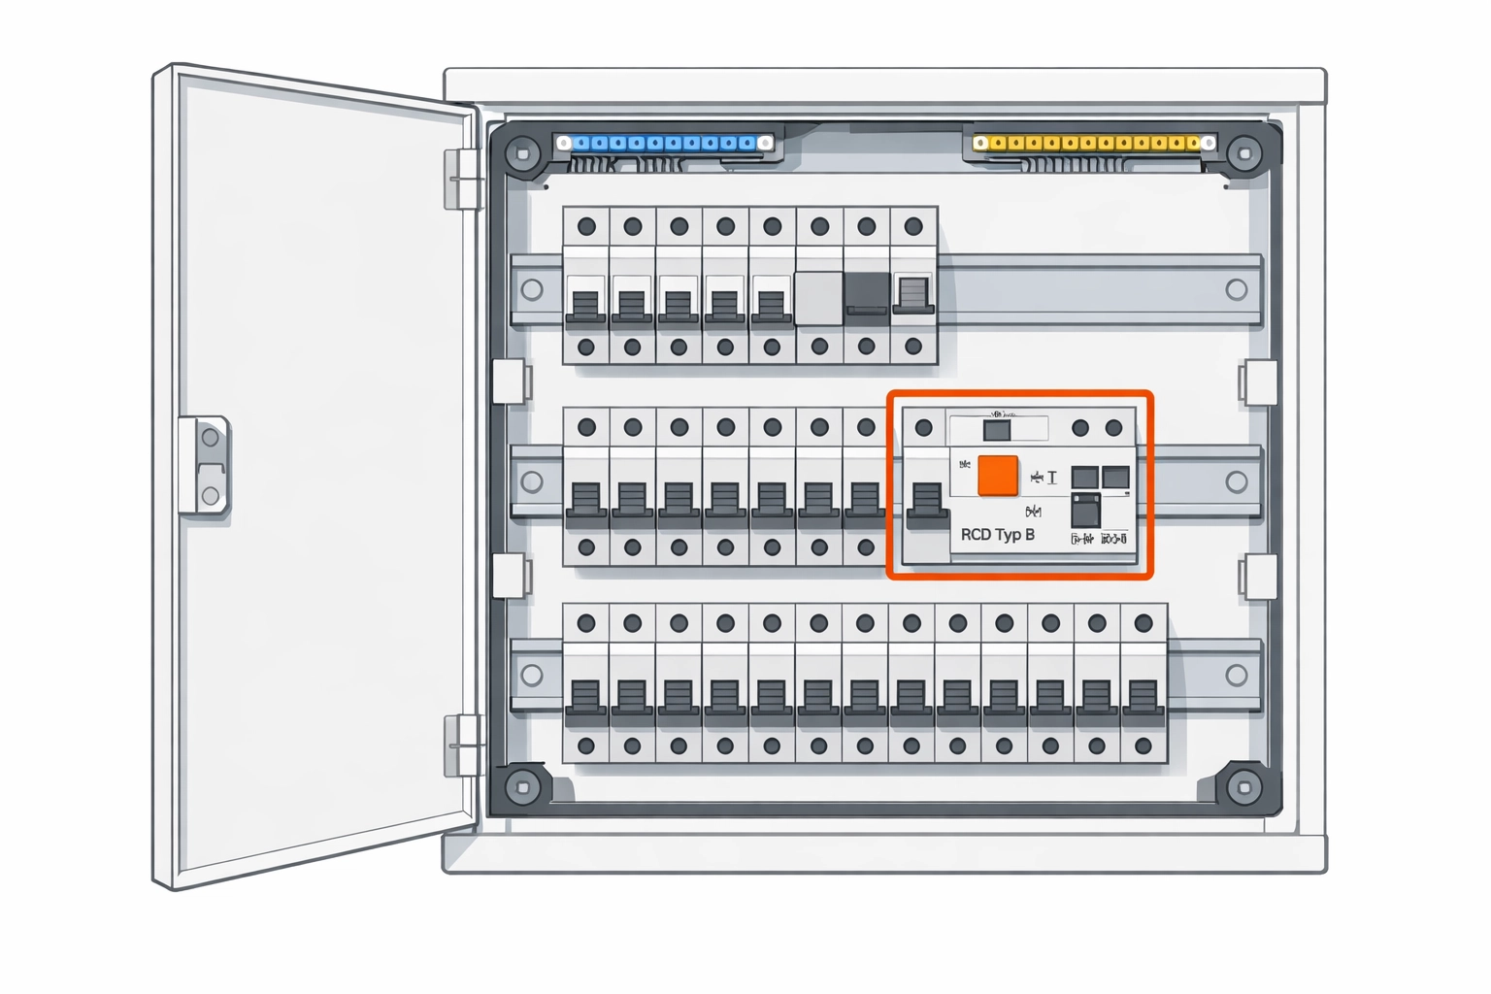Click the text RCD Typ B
coord(997,535)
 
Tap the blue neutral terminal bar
coord(666,144)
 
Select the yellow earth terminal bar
coord(1093,144)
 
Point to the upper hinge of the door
coord(462,179)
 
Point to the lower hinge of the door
coord(462,745)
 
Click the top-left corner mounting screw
coord(523,153)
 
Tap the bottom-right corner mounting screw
coord(1243,786)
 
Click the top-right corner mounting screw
coord(1243,153)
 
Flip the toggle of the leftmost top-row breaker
coord(585,303)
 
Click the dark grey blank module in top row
coord(866,292)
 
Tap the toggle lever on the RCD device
coord(927,503)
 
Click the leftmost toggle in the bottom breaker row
coord(585,697)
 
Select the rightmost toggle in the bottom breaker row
coord(1143,697)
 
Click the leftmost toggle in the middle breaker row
coord(585,500)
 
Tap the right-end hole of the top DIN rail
coord(1236,289)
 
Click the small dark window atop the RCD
coord(997,430)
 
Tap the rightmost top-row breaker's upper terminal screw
coord(912,227)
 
